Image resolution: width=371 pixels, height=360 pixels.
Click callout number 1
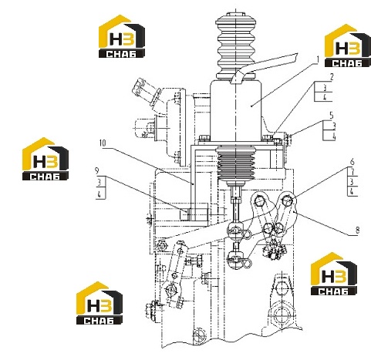coord(317,59)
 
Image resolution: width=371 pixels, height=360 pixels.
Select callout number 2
coord(332,77)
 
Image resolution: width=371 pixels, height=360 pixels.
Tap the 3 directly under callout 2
coord(325,88)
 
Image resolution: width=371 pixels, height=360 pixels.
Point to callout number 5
coord(332,116)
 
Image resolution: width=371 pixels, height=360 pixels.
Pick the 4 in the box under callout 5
coord(334,136)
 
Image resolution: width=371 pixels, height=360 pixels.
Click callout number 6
coord(352,162)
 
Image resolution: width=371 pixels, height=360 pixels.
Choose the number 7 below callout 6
coord(352,172)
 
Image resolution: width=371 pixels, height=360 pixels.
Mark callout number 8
coord(357,230)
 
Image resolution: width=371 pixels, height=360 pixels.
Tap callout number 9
coord(97,170)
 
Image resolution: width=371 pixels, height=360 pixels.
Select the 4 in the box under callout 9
coord(99,194)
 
